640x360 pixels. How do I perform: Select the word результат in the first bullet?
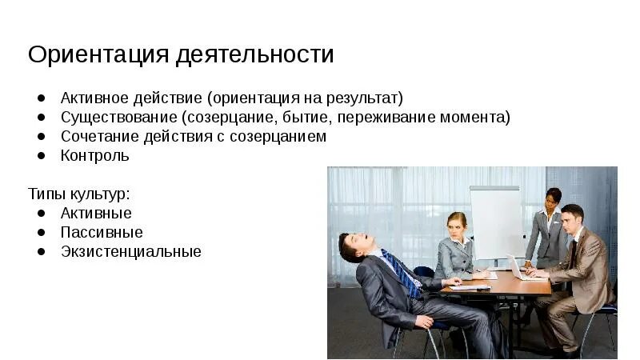(362, 98)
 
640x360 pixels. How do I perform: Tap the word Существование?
(117, 118)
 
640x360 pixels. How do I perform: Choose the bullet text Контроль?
(94, 156)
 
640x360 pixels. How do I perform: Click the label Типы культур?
(79, 194)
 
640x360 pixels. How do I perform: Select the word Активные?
(96, 214)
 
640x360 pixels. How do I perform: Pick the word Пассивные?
(102, 233)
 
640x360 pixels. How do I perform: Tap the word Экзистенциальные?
(131, 252)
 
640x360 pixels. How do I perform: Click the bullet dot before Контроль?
(41, 156)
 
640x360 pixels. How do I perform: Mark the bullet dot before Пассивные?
(41, 233)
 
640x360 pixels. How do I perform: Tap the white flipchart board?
(495, 221)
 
